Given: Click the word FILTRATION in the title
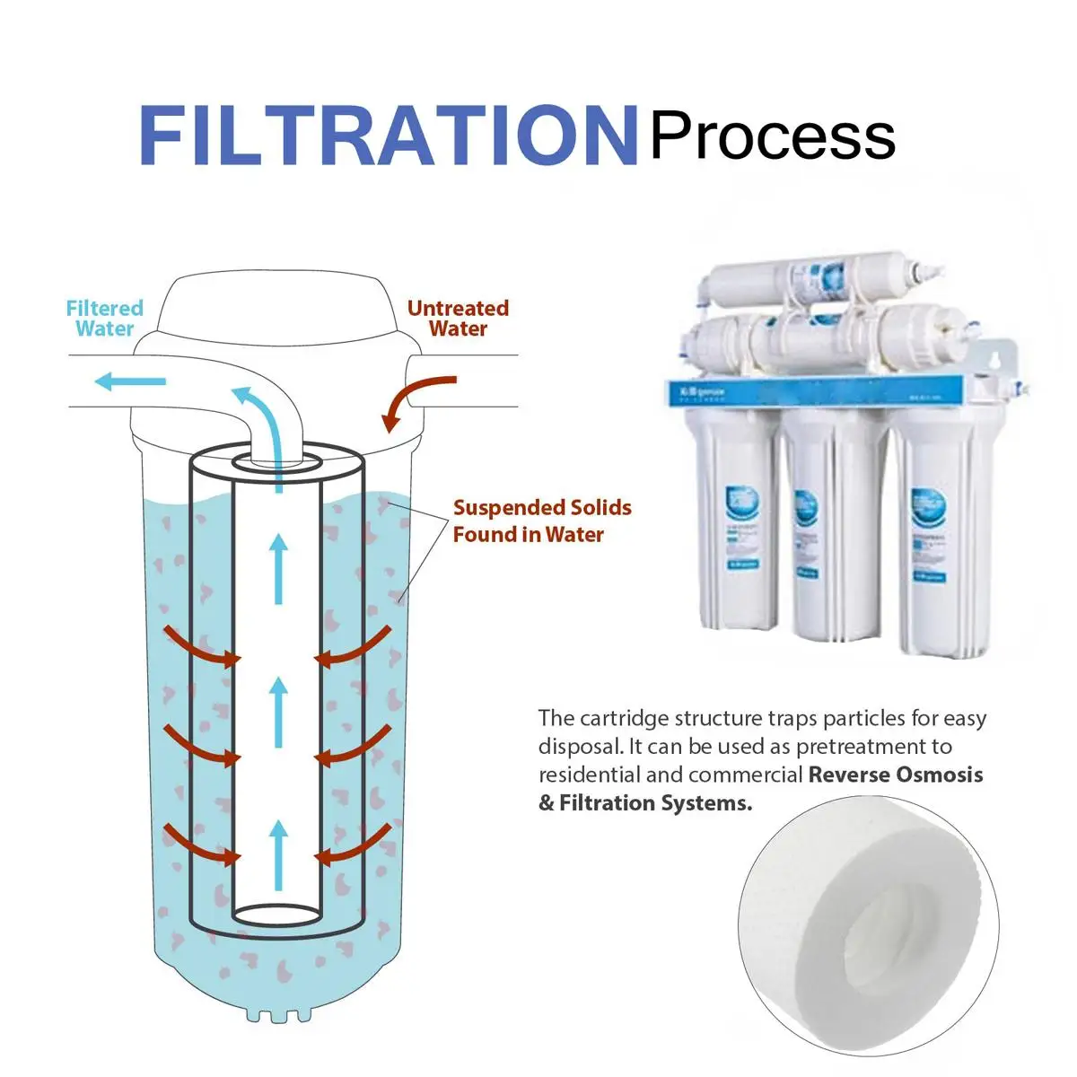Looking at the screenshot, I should click(388, 136).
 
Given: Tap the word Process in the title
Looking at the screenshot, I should click(772, 137).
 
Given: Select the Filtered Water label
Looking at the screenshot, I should click(104, 319).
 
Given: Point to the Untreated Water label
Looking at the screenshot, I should click(458, 319).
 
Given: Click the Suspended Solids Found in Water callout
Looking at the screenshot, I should click(541, 521).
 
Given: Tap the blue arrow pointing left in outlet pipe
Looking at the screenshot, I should click(130, 382).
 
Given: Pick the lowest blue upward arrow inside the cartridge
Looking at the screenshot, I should click(279, 853).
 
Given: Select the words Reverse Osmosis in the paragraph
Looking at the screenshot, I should click(895, 775).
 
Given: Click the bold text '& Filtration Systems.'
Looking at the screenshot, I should click(644, 803).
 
